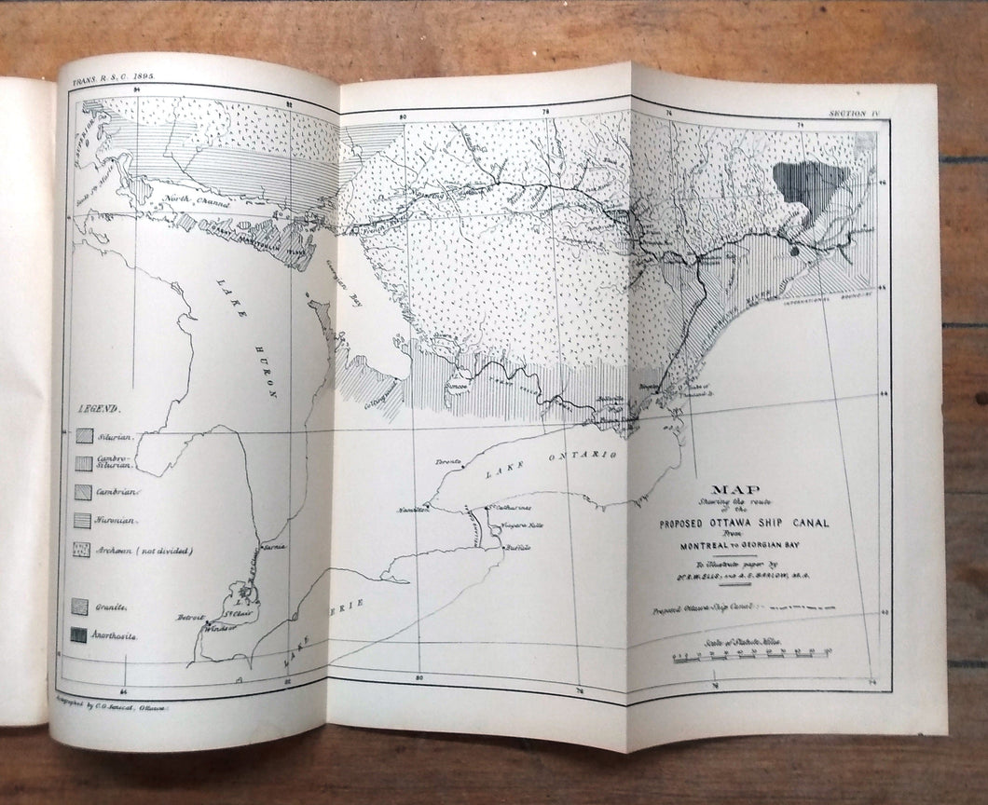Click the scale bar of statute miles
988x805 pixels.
pyautogui.click(x=751, y=658)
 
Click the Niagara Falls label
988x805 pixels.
pyautogui.click(x=524, y=525)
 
